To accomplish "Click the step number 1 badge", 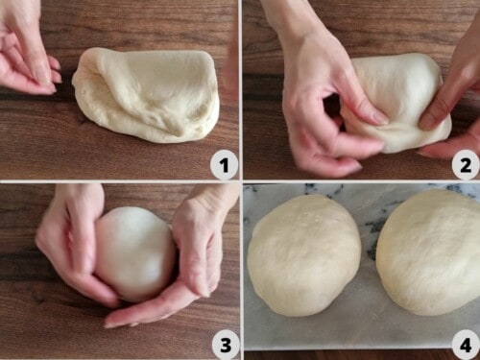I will [224, 166].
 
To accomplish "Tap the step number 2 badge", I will [465, 166].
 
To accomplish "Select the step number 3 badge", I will [224, 344].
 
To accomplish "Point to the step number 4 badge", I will [465, 344].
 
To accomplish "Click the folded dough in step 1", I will [149, 96].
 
